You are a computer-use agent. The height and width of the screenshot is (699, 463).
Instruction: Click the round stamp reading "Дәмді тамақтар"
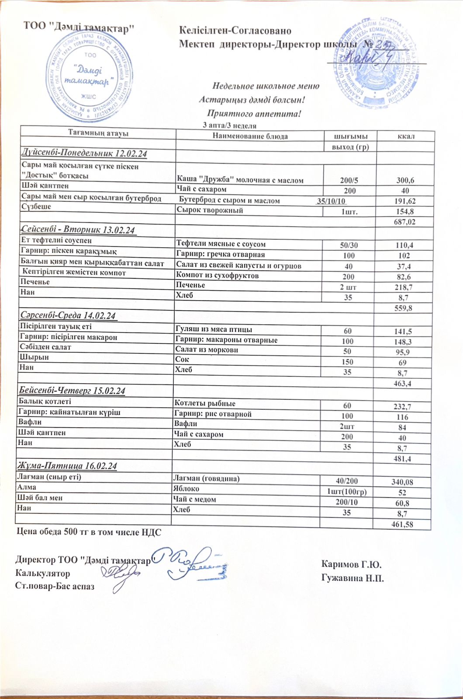(x=90, y=76)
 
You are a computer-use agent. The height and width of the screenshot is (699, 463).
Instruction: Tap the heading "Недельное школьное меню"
(x=266, y=86)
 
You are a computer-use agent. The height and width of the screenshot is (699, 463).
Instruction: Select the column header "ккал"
(x=406, y=136)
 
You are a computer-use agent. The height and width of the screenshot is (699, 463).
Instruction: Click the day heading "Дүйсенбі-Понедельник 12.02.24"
(x=84, y=154)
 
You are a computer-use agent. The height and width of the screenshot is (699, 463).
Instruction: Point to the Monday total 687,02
(x=404, y=222)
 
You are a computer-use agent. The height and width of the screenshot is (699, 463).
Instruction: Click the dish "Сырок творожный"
(x=210, y=211)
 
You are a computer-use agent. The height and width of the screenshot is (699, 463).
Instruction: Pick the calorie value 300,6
(x=405, y=180)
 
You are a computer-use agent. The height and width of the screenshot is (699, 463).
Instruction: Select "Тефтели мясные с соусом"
(x=221, y=244)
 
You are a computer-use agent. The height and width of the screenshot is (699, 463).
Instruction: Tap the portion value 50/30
(x=349, y=245)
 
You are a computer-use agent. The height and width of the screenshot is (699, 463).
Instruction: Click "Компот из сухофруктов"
(x=217, y=276)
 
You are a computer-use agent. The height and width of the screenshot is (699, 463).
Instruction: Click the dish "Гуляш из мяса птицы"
(x=214, y=329)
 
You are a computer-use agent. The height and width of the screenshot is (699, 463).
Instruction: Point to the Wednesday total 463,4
(x=403, y=384)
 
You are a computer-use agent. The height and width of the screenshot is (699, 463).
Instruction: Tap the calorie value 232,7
(x=403, y=407)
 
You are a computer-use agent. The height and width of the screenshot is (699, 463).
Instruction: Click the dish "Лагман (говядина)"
(x=206, y=478)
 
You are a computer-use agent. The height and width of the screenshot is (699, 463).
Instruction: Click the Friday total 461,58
(x=402, y=524)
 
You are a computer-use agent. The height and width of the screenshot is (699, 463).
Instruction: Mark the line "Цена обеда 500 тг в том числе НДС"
(x=89, y=532)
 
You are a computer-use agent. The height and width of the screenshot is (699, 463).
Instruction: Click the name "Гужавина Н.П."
(x=352, y=578)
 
